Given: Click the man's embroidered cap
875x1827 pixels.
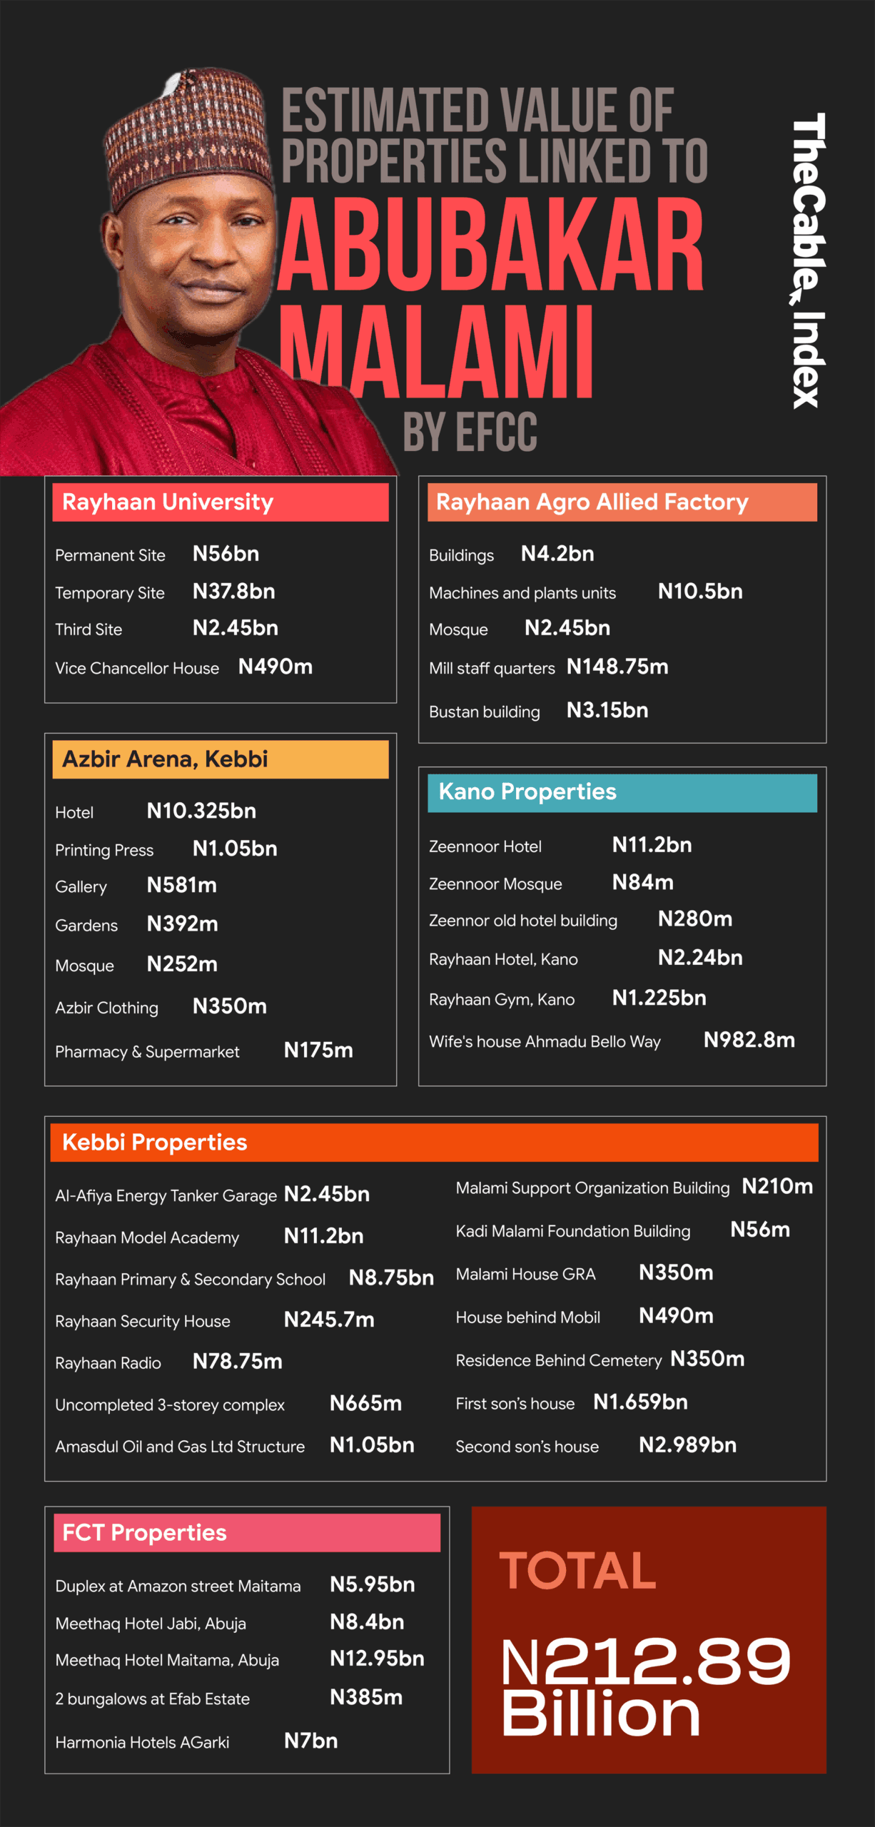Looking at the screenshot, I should point(189,132).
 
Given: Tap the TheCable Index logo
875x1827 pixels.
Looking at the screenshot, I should point(809,260).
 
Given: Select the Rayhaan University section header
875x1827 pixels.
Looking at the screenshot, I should point(220,502).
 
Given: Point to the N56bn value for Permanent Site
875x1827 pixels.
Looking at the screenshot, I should point(226,554).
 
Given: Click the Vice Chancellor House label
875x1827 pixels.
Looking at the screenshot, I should point(137,668).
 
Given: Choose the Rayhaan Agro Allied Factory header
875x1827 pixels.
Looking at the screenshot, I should point(622,502).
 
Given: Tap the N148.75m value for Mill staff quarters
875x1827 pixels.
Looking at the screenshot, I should point(617,667).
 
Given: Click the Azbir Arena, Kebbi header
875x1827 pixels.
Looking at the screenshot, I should point(220,759).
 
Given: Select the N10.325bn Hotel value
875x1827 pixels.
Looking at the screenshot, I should point(201,811).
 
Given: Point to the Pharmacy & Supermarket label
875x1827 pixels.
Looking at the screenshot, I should point(147,1051).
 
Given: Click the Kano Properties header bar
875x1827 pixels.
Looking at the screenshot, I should point(622,792).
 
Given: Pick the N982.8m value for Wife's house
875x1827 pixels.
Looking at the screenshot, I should point(749,1040).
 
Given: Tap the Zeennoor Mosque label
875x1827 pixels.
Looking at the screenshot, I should point(495,884).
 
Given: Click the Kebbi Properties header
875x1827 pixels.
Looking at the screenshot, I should point(434,1142).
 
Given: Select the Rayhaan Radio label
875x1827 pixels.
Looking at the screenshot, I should point(108,1362).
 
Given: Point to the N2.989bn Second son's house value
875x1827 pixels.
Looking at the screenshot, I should point(687,1444).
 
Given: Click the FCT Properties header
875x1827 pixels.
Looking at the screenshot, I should point(246,1532).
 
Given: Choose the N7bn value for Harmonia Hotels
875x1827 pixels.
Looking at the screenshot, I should point(310,1741).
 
